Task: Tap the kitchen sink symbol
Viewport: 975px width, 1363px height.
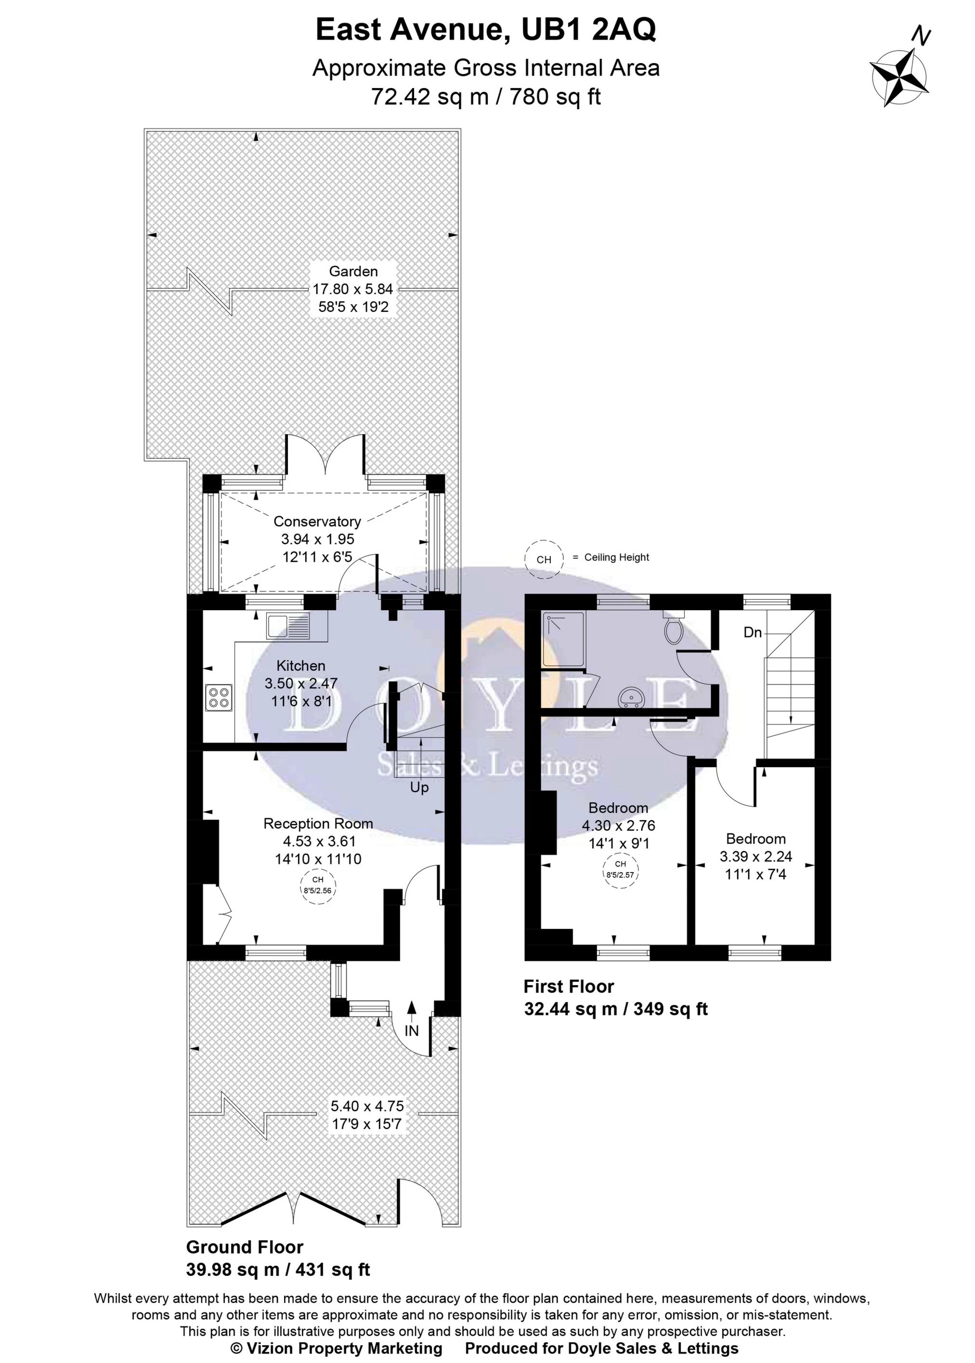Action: tap(288, 626)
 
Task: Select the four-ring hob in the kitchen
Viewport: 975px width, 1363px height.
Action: tap(219, 697)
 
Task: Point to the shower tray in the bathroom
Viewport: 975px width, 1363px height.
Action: tap(563, 639)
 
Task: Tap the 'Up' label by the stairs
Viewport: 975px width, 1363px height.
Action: tap(419, 787)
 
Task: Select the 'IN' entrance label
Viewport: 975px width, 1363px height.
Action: tap(411, 1030)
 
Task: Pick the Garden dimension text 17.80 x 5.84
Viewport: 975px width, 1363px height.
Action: tap(352, 289)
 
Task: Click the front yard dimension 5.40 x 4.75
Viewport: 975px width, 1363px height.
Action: tap(367, 1106)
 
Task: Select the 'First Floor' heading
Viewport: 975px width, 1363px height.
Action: tap(568, 986)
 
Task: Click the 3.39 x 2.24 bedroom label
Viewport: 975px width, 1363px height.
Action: tap(756, 857)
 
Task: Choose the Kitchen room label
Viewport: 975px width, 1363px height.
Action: tap(301, 666)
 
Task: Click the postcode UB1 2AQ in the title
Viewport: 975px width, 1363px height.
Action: tap(588, 30)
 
